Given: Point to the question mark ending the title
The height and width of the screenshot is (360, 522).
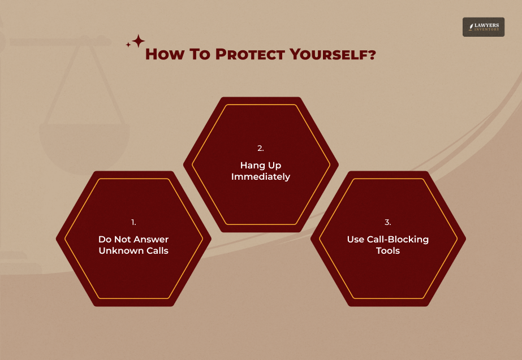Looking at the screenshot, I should [x=372, y=55].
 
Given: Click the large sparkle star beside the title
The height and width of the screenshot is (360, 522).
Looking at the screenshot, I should [x=139, y=41].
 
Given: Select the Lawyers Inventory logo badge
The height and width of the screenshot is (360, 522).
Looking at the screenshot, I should [x=483, y=27].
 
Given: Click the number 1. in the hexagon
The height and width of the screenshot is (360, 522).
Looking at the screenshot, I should [x=133, y=222].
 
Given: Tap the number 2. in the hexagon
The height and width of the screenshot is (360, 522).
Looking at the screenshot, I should [x=261, y=148].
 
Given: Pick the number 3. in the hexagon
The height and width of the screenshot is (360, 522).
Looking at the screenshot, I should [x=388, y=222].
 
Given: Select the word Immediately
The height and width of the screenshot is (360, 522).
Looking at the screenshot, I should [x=261, y=177].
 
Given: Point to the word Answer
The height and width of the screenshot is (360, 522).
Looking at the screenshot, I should [x=151, y=239].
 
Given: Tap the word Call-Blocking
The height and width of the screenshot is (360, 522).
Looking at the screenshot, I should [x=396, y=239].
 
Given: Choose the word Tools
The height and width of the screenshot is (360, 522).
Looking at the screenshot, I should [x=388, y=251].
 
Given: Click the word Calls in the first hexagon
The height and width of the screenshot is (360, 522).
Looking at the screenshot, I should [x=157, y=251].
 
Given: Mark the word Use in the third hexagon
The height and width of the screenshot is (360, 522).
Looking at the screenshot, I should [x=355, y=239].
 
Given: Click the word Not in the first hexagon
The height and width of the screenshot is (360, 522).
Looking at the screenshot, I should [x=122, y=239].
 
